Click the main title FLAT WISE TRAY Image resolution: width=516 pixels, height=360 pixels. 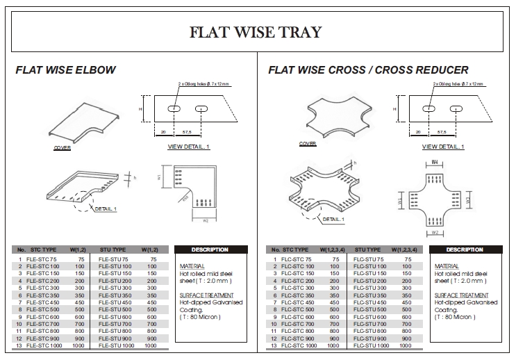click(x=256, y=32)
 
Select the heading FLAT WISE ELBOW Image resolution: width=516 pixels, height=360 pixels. click(x=66, y=70)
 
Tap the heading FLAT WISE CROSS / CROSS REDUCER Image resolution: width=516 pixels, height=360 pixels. click(x=368, y=70)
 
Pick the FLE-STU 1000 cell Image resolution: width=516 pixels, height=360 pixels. click(x=117, y=345)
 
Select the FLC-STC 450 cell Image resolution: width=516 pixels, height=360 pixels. click(x=298, y=302)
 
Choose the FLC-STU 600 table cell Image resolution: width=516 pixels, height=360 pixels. click(x=372, y=316)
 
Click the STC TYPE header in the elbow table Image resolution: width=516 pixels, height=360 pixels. click(x=42, y=249)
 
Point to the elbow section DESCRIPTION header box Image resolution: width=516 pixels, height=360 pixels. click(x=210, y=249)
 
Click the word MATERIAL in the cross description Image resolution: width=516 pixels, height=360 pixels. click(x=446, y=266)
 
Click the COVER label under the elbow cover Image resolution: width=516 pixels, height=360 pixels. click(x=63, y=148)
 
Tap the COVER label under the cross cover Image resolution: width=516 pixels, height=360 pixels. click(x=308, y=144)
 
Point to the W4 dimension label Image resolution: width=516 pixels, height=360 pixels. click(x=434, y=163)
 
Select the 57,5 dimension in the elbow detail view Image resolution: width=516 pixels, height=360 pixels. click(x=187, y=131)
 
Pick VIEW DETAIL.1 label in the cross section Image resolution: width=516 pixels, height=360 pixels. click(x=442, y=147)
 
